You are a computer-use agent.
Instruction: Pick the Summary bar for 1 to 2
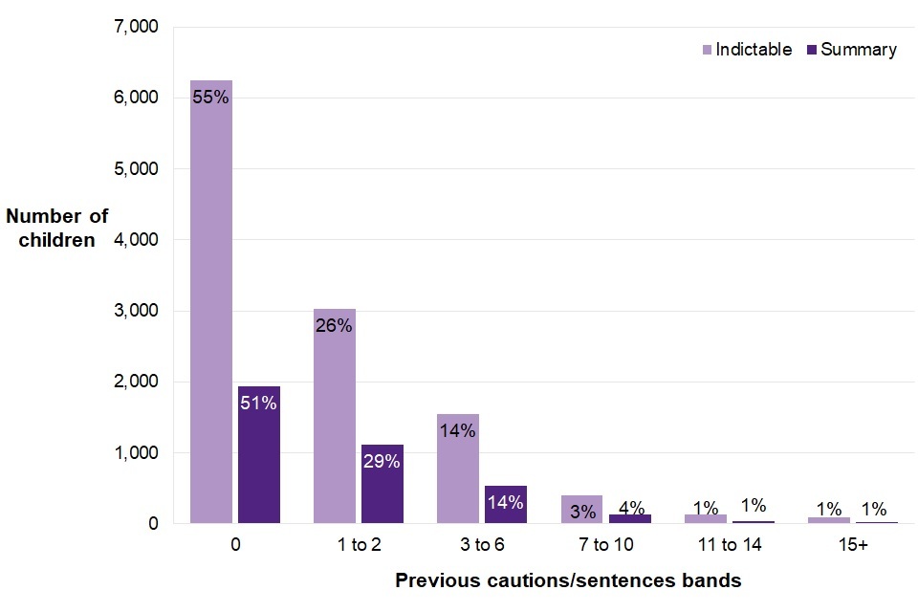(382, 484)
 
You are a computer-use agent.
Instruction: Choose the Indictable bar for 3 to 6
(458, 469)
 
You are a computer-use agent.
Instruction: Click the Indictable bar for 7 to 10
(581, 510)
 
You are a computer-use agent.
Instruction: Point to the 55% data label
(210, 97)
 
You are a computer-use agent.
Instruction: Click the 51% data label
(259, 404)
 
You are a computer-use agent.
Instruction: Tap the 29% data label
(382, 461)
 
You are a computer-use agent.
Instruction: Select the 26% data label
(335, 325)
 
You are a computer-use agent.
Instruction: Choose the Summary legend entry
(855, 50)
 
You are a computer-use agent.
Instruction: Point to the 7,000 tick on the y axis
(137, 27)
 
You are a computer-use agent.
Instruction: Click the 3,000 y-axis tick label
(137, 311)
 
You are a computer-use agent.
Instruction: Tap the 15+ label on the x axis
(828, 546)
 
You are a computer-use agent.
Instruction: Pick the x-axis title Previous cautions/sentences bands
(568, 580)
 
